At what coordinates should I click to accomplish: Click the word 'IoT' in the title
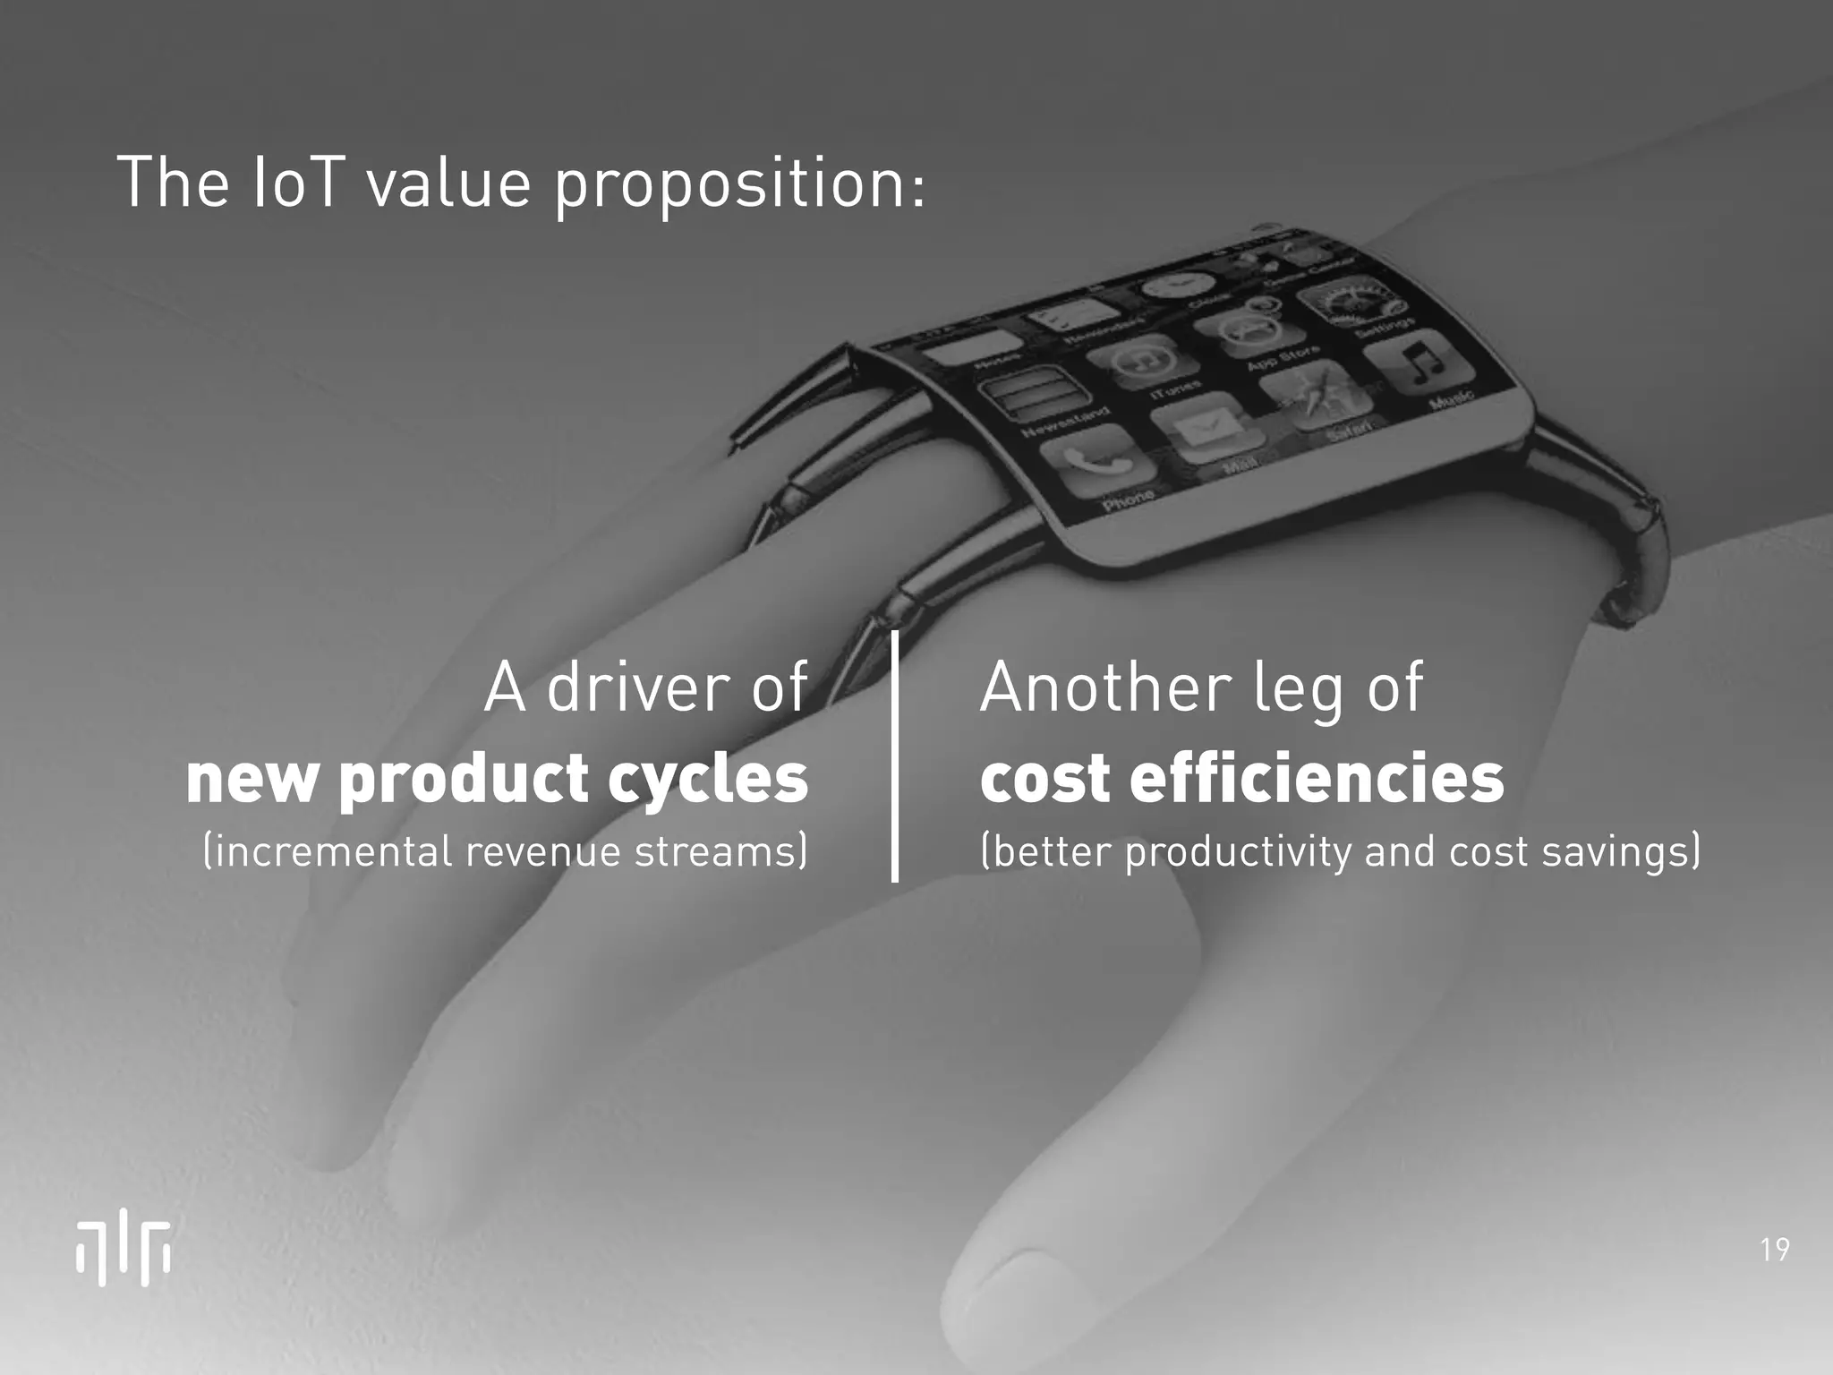click(294, 182)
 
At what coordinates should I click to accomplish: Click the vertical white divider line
click(894, 756)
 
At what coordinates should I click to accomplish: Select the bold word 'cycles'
click(707, 778)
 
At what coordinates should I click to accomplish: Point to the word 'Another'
click(1104, 687)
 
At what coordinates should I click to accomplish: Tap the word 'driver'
click(642, 687)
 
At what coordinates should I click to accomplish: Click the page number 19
click(1774, 1249)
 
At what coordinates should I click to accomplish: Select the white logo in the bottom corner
click(123, 1251)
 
